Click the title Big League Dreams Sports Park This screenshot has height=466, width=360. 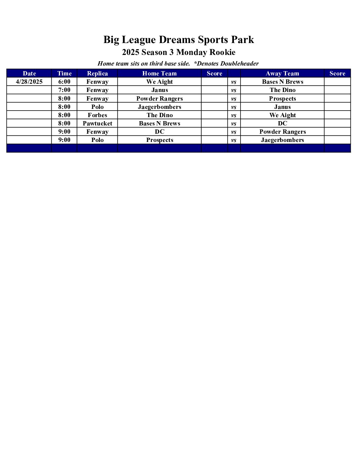click(x=179, y=40)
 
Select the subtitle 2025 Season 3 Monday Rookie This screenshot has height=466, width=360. click(x=179, y=52)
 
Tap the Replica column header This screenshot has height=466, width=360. click(x=97, y=73)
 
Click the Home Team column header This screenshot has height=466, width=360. click(x=159, y=73)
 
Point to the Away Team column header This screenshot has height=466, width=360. click(x=282, y=73)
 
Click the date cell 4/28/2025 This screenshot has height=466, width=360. click(x=29, y=82)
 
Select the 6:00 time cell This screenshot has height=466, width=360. click(x=64, y=82)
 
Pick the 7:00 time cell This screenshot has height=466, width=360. click(x=64, y=90)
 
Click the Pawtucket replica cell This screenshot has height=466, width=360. click(x=97, y=123)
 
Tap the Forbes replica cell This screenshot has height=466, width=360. click(x=97, y=115)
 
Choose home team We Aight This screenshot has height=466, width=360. click(x=159, y=82)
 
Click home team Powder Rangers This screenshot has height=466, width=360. click(x=159, y=99)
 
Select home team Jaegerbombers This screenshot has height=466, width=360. click(x=159, y=107)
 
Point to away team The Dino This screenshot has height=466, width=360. click(x=282, y=90)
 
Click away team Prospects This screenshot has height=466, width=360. click(x=282, y=99)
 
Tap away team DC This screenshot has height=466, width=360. click(x=282, y=123)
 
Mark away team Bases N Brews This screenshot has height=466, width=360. click(x=282, y=82)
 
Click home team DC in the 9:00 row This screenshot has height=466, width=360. click(x=159, y=132)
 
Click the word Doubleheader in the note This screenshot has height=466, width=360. click(x=240, y=64)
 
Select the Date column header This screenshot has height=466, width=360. click(x=29, y=73)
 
